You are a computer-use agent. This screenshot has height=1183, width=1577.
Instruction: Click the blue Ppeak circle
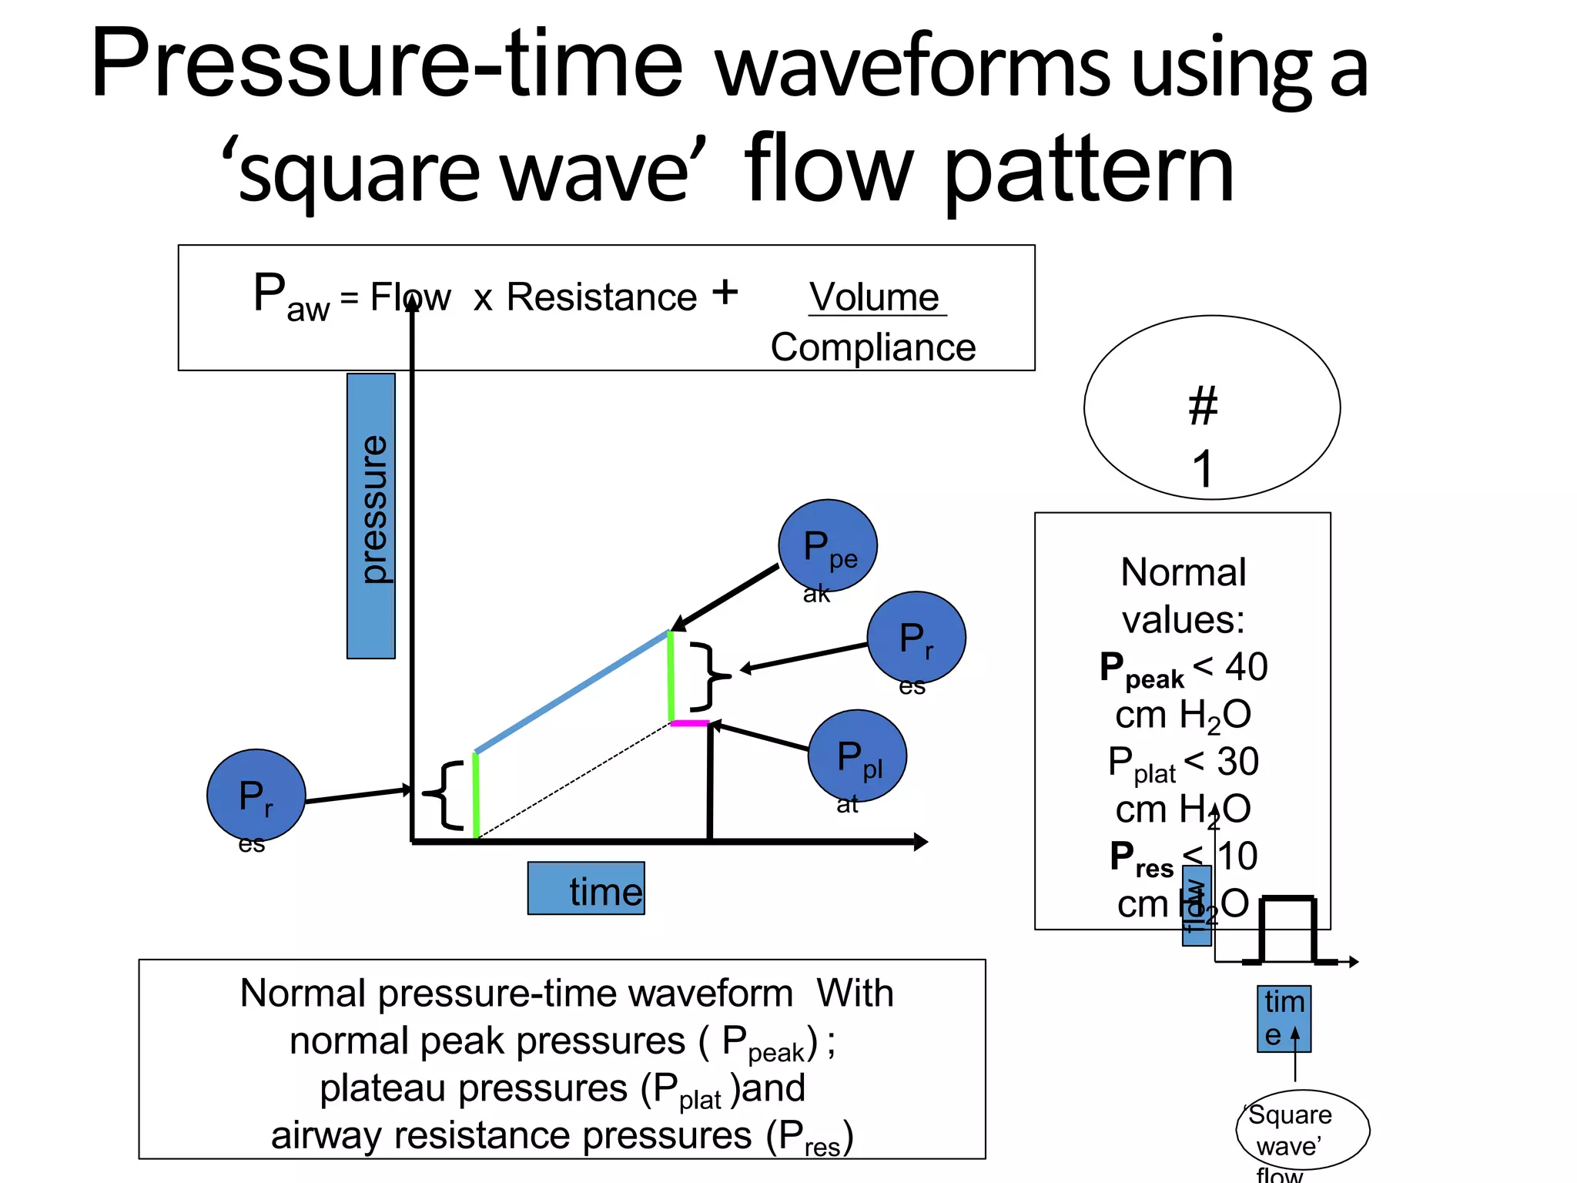827,546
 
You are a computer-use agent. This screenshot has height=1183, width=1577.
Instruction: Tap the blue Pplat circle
857,756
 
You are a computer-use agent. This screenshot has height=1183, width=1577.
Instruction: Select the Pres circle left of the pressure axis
256,796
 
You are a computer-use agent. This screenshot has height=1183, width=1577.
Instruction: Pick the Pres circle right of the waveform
916,638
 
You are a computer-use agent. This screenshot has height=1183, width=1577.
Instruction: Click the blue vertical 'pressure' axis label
371,515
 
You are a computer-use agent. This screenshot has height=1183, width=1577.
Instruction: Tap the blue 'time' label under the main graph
587,889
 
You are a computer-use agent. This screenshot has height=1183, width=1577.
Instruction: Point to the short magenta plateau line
689,723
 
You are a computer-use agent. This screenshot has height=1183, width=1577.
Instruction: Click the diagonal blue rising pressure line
571,692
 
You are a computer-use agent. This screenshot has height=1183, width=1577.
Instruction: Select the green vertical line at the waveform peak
671,676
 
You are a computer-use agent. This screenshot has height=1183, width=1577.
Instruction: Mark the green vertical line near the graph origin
476,795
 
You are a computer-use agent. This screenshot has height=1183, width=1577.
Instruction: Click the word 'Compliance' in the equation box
873,347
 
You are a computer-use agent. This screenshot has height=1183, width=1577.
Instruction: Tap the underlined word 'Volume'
875,297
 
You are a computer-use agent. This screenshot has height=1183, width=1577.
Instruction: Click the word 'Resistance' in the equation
601,297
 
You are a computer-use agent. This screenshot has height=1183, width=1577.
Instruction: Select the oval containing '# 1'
1211,407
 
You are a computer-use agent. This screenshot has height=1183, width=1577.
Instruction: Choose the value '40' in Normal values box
1246,667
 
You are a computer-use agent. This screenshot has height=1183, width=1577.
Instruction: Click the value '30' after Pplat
1237,762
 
